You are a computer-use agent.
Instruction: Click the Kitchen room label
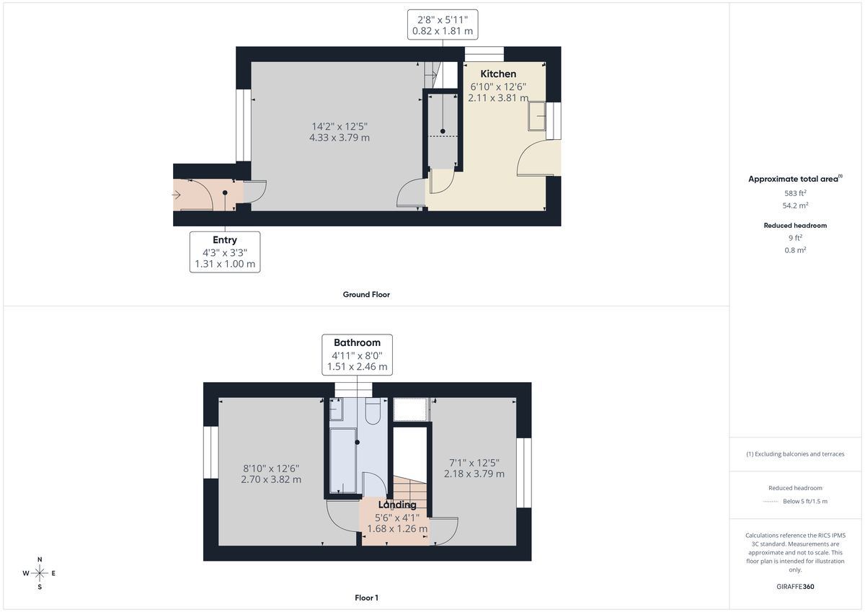click(498, 74)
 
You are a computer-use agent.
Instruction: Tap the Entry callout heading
click(225, 240)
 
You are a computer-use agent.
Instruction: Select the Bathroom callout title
click(357, 342)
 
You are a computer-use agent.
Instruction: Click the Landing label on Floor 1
click(397, 505)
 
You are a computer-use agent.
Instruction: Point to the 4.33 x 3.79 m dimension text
click(337, 137)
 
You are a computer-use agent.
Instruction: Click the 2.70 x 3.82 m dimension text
click(271, 479)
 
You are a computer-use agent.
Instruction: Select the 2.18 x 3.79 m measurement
click(474, 474)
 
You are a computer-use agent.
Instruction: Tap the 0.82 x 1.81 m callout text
click(443, 31)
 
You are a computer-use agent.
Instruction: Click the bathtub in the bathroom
click(343, 461)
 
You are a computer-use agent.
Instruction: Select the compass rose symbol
click(40, 573)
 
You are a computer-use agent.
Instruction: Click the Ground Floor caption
click(366, 294)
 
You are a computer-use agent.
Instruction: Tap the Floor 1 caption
click(366, 598)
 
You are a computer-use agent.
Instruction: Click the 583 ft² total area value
click(795, 193)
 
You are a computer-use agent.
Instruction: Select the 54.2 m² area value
click(795, 205)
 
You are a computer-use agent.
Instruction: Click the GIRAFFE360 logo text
click(795, 587)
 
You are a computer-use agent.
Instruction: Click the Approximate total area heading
click(794, 179)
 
